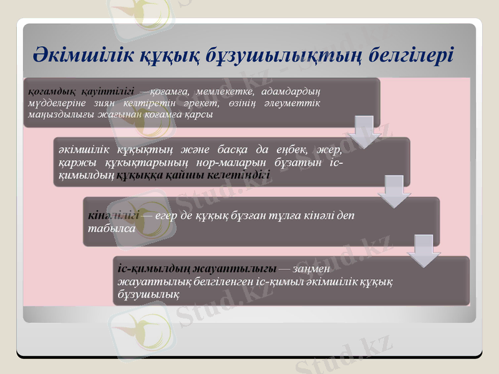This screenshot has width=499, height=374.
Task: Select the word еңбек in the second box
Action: [x=289, y=150]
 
